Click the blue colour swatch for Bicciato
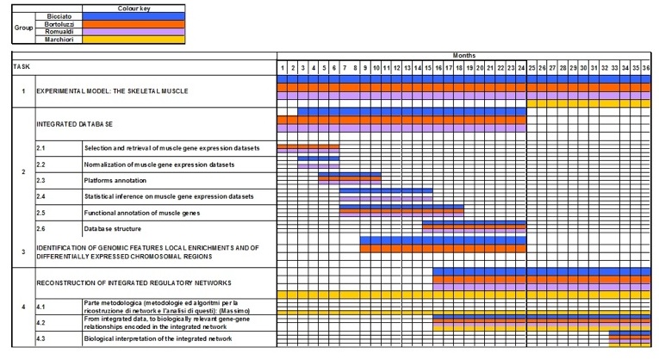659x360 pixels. pyautogui.click(x=134, y=16)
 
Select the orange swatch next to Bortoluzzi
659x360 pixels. pyautogui.click(x=134, y=24)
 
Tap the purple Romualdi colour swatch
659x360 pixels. pyautogui.click(x=134, y=32)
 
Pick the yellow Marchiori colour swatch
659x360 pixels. pyautogui.click(x=134, y=40)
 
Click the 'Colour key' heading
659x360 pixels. pyautogui.click(x=134, y=9)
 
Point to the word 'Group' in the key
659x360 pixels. pyautogui.click(x=23, y=28)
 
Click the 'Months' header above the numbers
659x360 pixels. pyautogui.click(x=464, y=55)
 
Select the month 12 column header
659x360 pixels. pyautogui.click(x=397, y=68)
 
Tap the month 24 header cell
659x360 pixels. pyautogui.click(x=521, y=68)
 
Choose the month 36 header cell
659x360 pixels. pyautogui.click(x=646, y=68)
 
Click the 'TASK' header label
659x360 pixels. pyautogui.click(x=22, y=67)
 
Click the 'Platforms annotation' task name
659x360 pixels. pyautogui.click(x=115, y=181)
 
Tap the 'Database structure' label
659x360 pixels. pyautogui.click(x=113, y=229)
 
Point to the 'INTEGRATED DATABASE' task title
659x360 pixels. pyautogui.click(x=74, y=124)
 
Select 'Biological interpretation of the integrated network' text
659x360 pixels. pyautogui.click(x=158, y=338)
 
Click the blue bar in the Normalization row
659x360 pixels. pyautogui.click(x=319, y=158)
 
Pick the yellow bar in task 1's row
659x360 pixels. pyautogui.click(x=588, y=103)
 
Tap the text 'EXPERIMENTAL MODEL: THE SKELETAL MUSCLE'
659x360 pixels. pyautogui.click(x=112, y=91)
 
